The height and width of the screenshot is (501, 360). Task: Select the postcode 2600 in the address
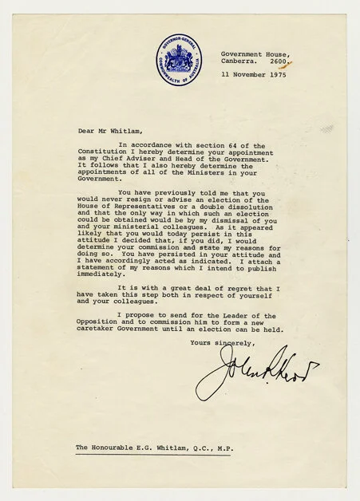tap(279, 61)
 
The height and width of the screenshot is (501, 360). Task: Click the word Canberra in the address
tap(239, 61)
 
